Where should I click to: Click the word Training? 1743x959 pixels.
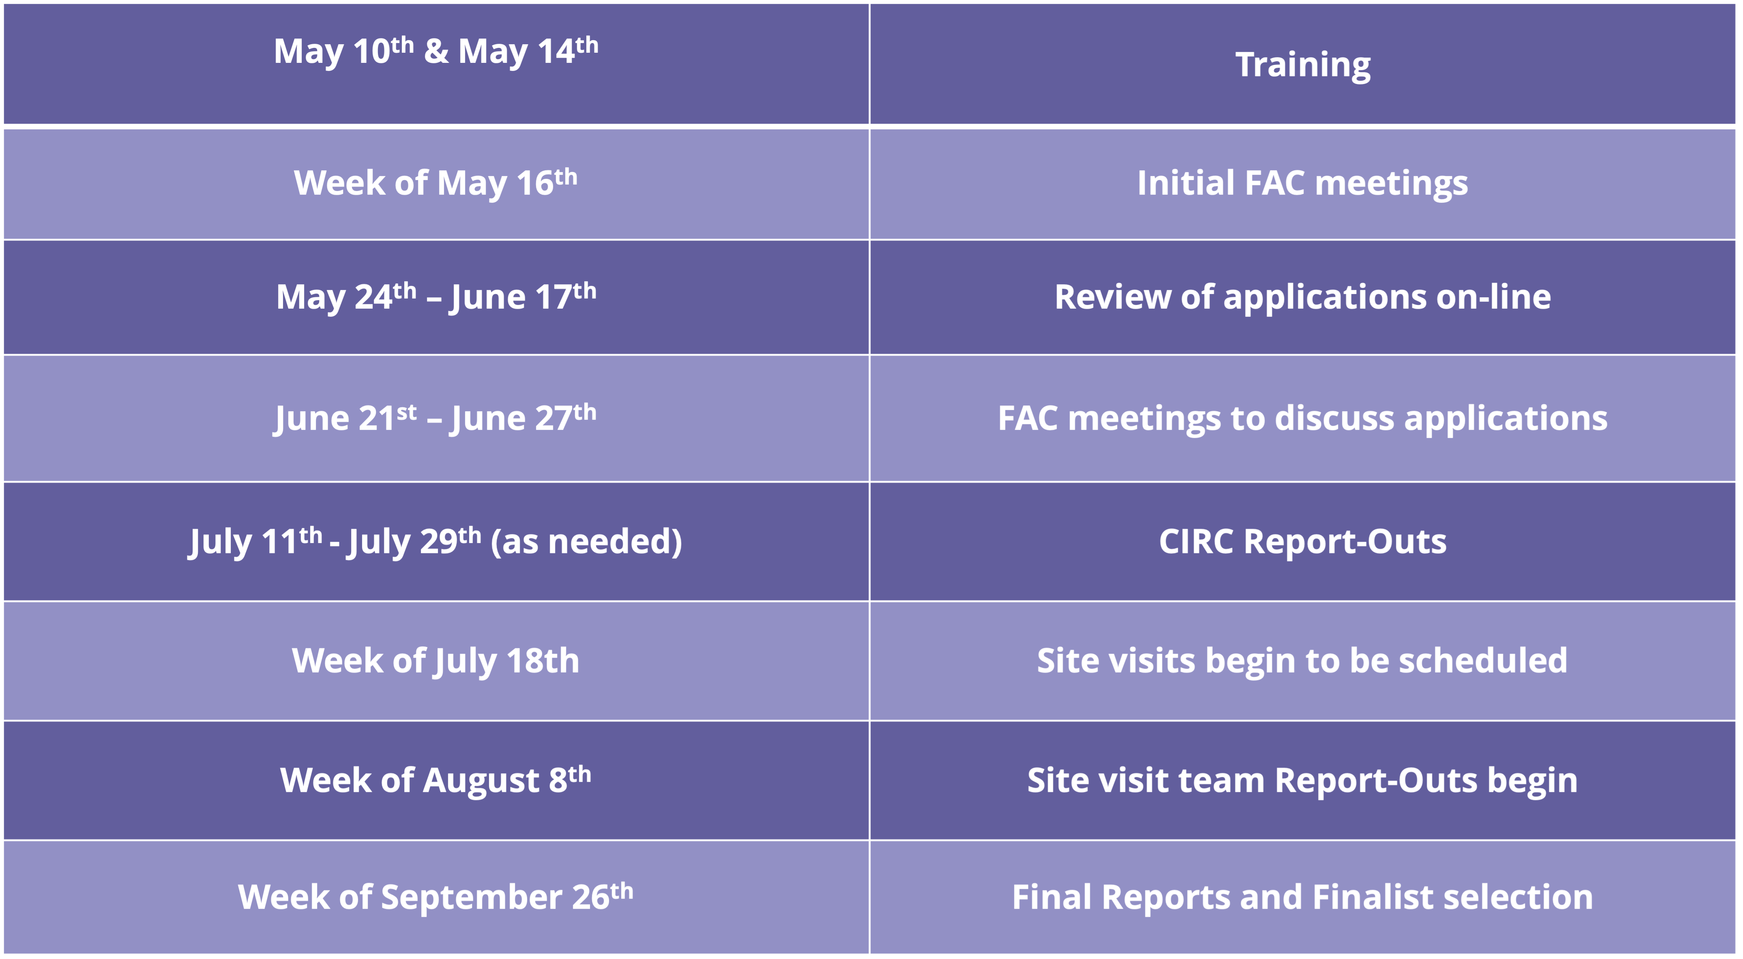1303,66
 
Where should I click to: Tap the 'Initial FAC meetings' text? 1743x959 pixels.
1303,183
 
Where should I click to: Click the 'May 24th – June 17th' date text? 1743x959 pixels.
436,297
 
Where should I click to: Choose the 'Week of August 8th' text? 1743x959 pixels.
436,780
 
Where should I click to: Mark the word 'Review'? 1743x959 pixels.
1113,297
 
